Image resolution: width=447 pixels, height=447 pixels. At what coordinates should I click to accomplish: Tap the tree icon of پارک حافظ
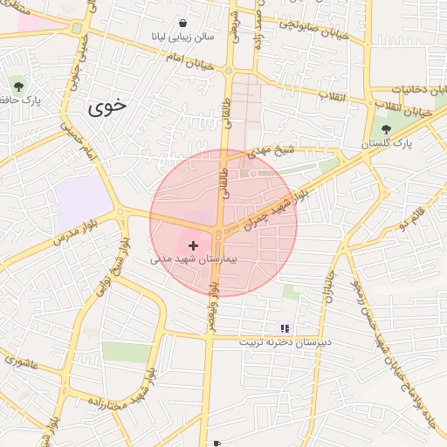click(x=19, y=86)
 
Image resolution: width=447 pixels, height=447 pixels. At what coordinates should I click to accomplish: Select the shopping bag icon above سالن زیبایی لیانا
click(x=182, y=23)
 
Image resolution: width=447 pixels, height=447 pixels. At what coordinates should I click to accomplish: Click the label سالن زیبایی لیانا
click(x=182, y=38)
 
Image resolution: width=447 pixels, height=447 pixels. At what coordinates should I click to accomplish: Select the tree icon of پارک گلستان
click(x=385, y=129)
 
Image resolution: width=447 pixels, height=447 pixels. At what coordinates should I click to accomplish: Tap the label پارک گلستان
click(x=386, y=142)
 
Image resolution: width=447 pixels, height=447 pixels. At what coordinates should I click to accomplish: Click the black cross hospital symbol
click(x=193, y=246)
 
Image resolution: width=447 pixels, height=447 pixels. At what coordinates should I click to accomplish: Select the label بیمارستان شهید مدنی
click(x=194, y=260)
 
